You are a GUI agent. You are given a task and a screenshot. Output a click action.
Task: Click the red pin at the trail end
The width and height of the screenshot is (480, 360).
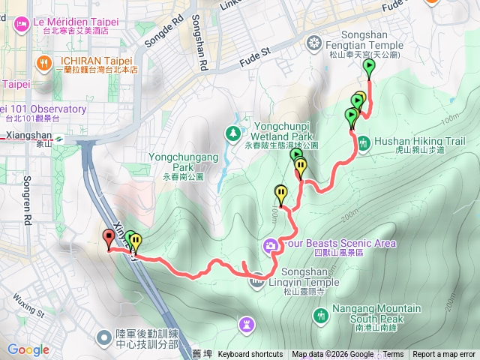[x=109, y=239]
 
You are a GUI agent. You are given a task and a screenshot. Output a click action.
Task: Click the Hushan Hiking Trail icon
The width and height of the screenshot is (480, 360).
[x=363, y=142]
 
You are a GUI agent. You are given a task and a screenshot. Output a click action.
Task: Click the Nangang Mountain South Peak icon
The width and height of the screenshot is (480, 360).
[x=321, y=317]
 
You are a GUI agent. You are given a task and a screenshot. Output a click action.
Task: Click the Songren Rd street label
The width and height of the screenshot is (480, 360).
[x=28, y=200]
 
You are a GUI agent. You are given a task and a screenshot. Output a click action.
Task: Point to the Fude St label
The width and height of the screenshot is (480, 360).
[x=255, y=54]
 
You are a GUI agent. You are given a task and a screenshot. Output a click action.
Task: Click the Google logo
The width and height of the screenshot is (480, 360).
[x=28, y=349]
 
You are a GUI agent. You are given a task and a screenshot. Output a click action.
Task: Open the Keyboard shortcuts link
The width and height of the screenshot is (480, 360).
[x=250, y=355]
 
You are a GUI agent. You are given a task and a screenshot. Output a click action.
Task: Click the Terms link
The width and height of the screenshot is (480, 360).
[x=393, y=355]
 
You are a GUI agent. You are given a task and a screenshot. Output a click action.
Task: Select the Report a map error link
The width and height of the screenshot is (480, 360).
[x=444, y=355]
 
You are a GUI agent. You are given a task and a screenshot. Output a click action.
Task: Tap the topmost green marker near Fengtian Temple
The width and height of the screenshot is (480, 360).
[x=369, y=67]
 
